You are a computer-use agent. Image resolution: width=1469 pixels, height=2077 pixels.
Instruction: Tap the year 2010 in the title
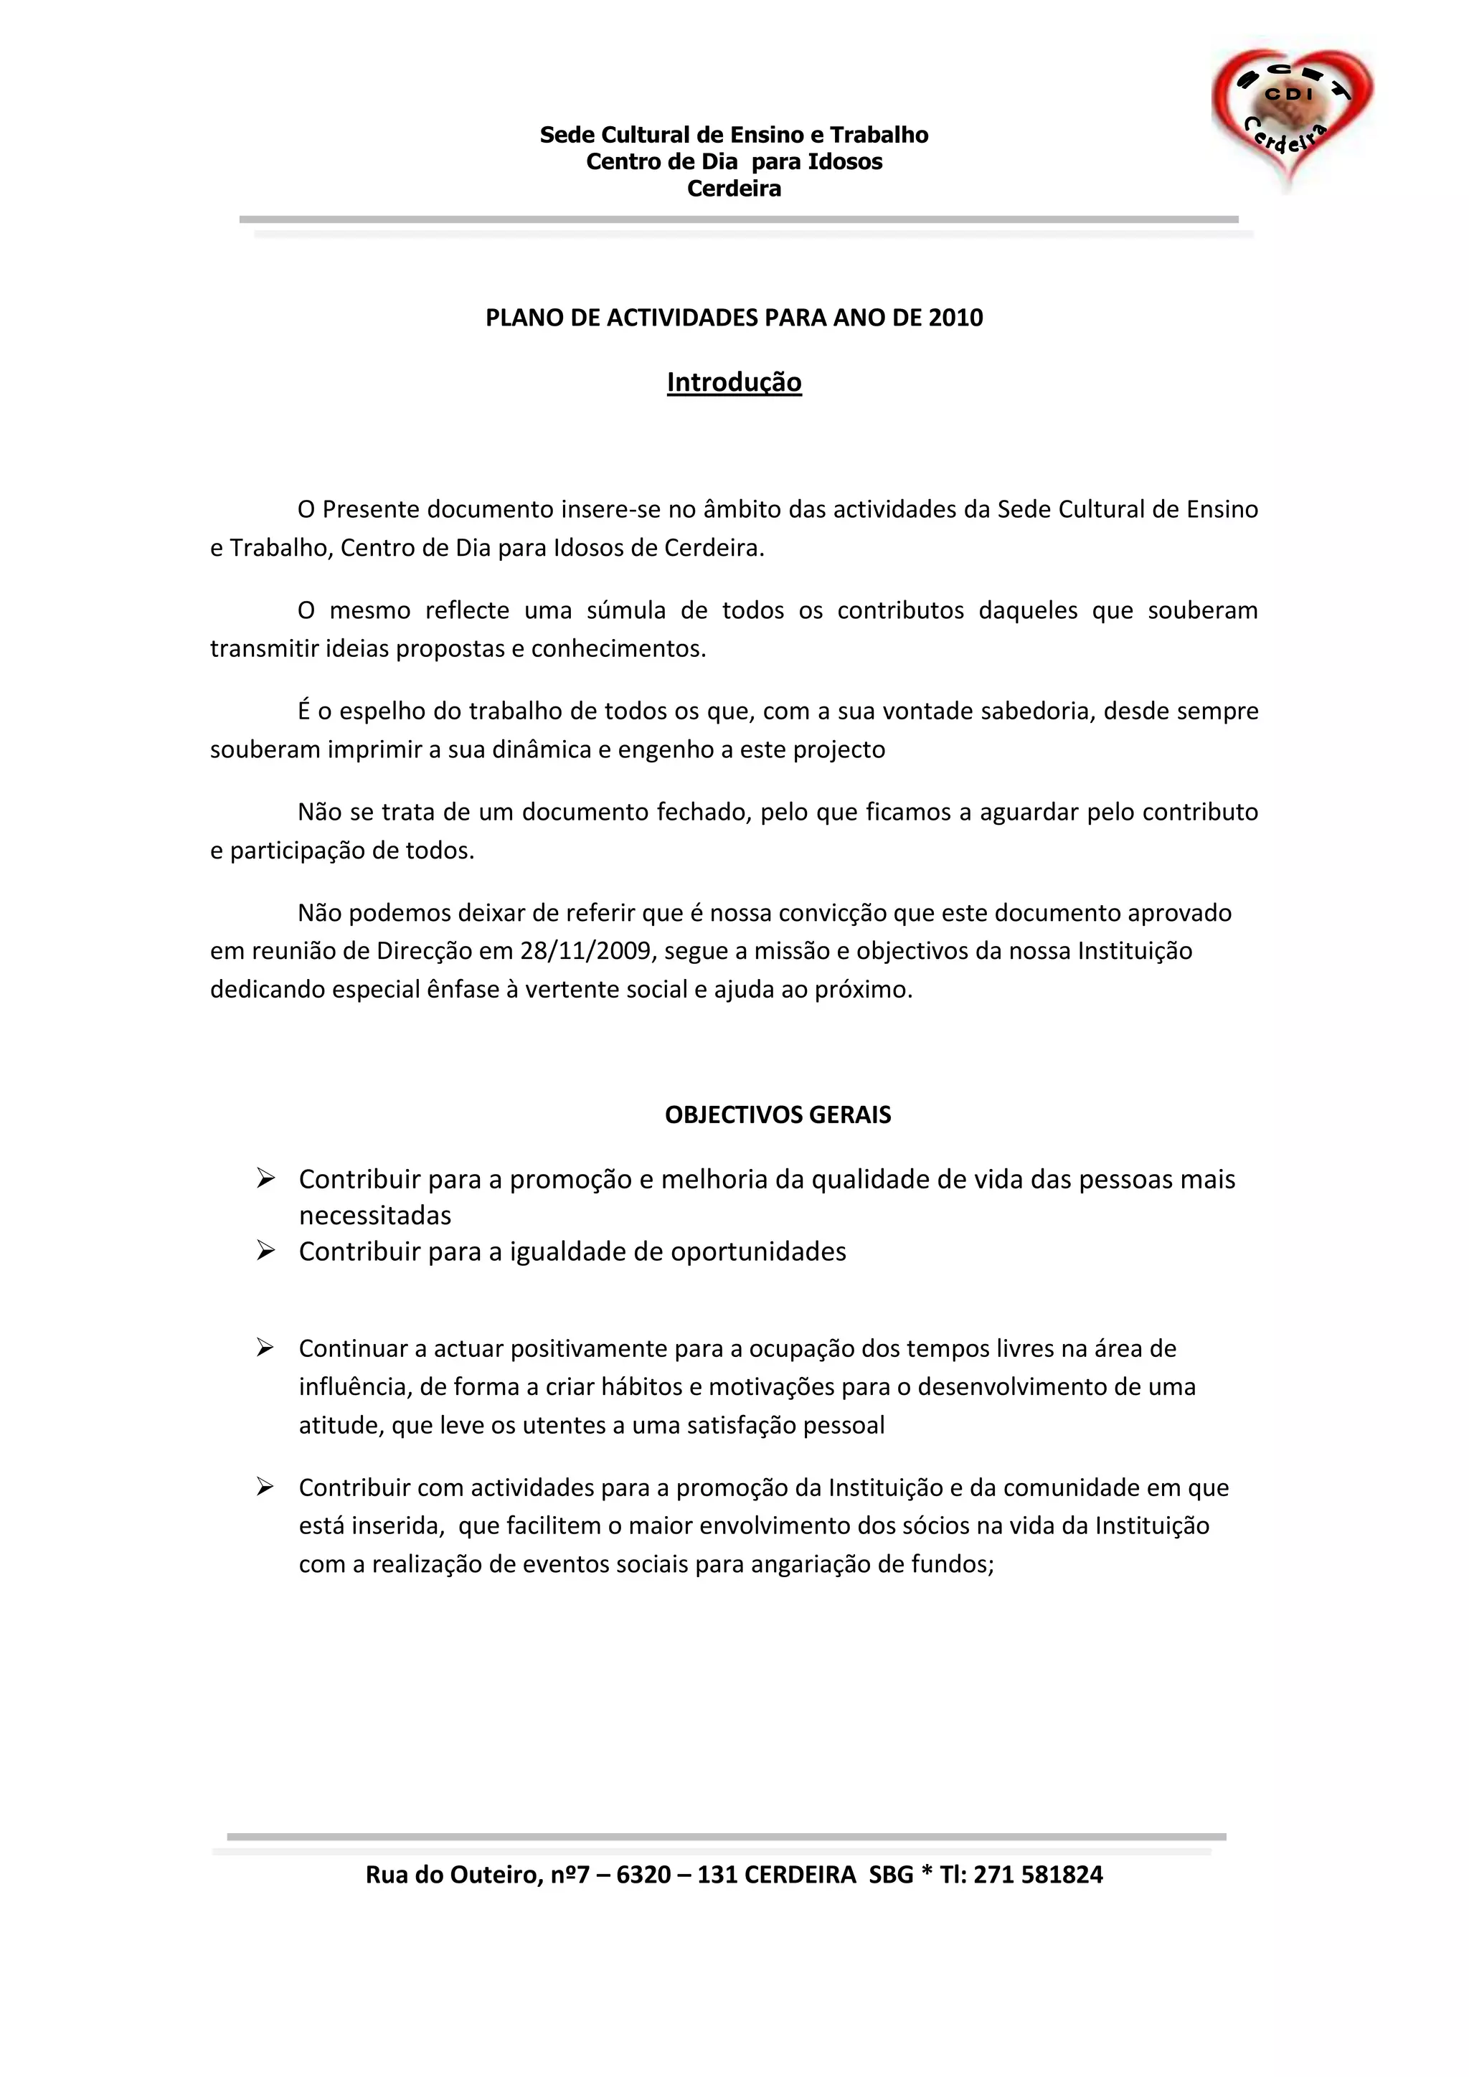[955, 318]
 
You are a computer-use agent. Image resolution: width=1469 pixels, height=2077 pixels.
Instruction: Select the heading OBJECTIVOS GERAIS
[778, 1115]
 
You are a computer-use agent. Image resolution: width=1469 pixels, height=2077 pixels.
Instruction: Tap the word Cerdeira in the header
[734, 189]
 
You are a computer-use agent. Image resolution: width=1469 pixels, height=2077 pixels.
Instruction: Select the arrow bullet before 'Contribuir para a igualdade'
[265, 1250]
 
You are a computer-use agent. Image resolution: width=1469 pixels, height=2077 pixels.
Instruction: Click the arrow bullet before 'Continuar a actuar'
[265, 1348]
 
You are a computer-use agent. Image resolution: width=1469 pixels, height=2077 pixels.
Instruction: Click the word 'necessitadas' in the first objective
[374, 1215]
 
